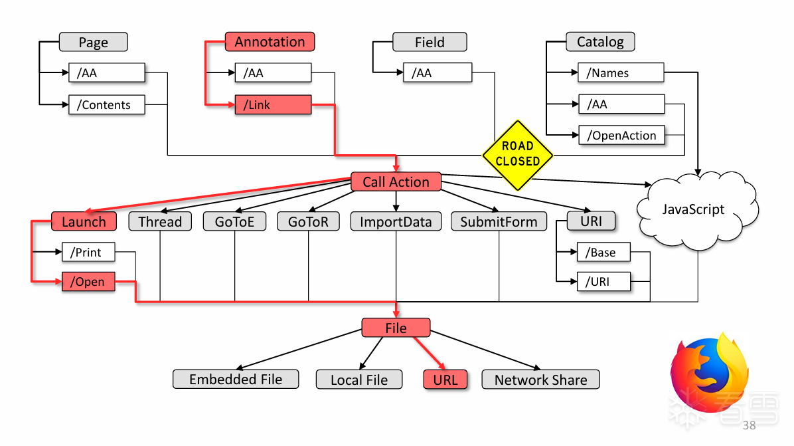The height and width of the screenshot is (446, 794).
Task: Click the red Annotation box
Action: [270, 42]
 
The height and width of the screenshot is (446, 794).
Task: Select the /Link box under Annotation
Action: [273, 105]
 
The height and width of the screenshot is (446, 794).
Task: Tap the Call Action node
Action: [396, 182]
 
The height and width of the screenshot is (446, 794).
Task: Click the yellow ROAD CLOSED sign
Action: [517, 154]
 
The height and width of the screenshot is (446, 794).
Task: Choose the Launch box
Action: [84, 221]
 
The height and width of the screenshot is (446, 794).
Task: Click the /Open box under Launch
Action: [88, 282]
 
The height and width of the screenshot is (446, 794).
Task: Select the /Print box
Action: [88, 253]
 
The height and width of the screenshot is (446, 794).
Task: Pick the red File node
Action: [396, 328]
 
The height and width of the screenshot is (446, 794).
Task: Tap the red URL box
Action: [445, 380]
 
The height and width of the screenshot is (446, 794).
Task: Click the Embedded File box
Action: [236, 380]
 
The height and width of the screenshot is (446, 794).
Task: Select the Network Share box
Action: [540, 380]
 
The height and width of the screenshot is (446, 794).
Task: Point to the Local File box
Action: [359, 380]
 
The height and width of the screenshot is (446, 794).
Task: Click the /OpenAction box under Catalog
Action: [621, 136]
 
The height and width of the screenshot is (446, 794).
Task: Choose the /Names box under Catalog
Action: [621, 73]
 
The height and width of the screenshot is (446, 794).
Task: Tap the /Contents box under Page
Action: [106, 105]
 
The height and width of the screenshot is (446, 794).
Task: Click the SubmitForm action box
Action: [499, 221]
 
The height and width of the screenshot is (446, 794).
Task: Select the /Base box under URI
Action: [603, 253]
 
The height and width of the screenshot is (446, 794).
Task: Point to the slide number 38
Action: [749, 425]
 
